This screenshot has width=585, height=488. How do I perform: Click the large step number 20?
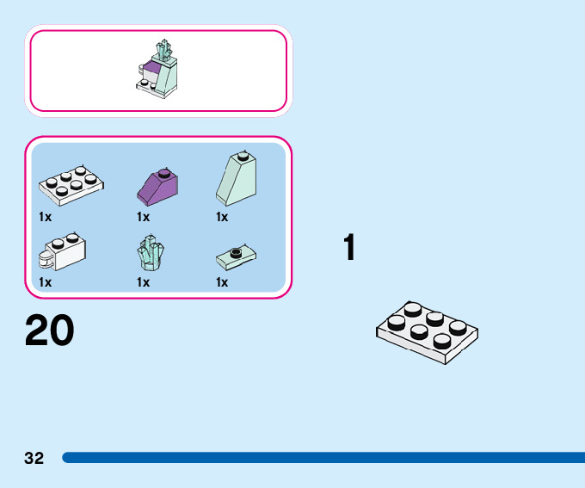49,330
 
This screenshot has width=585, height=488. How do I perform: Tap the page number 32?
34,458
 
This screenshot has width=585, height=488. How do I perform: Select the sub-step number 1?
348,248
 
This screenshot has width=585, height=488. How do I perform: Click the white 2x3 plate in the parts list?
71,183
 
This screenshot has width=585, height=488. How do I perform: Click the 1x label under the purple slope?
143,217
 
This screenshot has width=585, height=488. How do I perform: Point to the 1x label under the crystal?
143,282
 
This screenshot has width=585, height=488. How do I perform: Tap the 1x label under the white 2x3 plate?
46,217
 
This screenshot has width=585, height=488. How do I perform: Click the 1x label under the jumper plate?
222,282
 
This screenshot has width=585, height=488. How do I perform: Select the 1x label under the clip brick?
46,282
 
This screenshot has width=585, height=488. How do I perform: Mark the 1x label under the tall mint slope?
222,217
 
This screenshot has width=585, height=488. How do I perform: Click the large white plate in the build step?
427,332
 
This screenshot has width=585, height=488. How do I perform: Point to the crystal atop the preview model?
163,50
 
